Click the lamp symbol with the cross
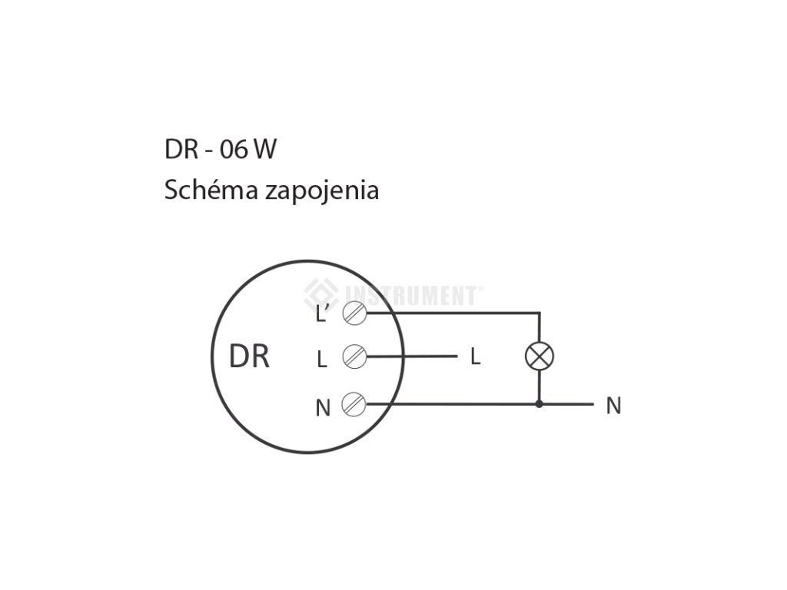coord(539,356)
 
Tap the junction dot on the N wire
coord(539,403)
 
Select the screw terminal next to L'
coord(354,313)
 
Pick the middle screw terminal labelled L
coord(354,356)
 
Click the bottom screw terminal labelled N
coord(354,403)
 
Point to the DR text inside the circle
coord(250,356)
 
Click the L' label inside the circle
coord(323,313)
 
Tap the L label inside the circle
coord(322,359)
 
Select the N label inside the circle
coord(323,408)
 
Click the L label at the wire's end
coord(475,357)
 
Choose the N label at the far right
coord(613,406)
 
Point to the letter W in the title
coord(264,150)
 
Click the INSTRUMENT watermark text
coord(412,294)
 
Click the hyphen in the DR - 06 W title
coord(209,151)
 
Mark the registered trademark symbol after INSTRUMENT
coord(482,289)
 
